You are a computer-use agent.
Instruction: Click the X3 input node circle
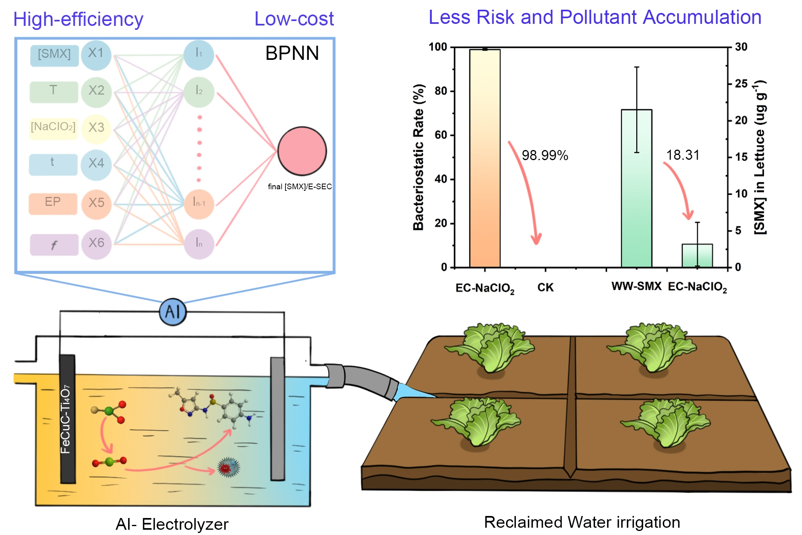click(96, 128)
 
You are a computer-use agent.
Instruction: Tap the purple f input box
click(54, 245)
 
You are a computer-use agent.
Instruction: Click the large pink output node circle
click(302, 151)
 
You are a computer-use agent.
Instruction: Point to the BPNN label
click(292, 53)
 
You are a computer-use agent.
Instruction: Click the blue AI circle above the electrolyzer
click(173, 312)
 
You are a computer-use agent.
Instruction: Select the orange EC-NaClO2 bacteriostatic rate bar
click(485, 158)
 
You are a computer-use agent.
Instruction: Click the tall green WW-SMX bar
click(636, 188)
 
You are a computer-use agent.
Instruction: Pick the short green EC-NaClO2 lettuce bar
click(697, 255)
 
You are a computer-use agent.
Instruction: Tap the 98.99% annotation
click(545, 155)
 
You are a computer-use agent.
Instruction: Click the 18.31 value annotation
click(682, 155)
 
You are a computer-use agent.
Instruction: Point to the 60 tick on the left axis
click(441, 135)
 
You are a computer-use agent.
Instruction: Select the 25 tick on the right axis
click(741, 84)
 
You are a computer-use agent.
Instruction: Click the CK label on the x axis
click(545, 288)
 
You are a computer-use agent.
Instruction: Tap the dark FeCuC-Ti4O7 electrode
click(67, 419)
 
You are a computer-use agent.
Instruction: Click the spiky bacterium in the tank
click(228, 467)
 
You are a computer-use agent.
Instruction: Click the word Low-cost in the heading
click(294, 19)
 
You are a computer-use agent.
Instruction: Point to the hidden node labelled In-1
click(198, 203)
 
